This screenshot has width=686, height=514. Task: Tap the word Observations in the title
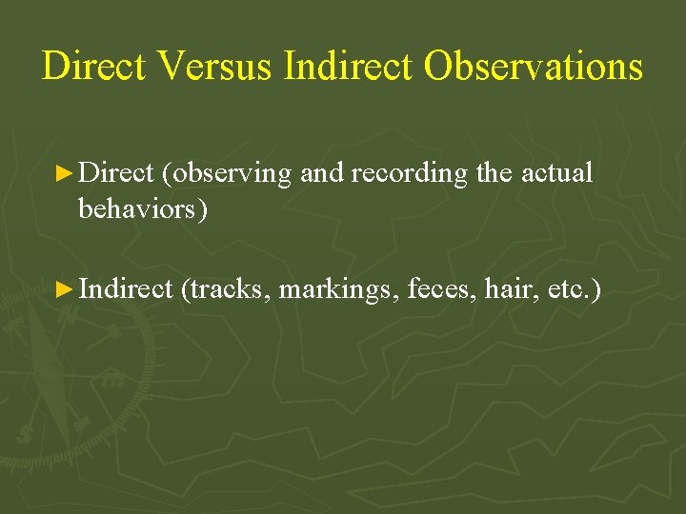click(x=534, y=67)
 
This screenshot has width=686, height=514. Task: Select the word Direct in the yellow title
click(x=93, y=67)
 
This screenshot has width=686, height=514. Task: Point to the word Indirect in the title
click(x=349, y=67)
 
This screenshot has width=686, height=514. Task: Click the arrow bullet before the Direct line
click(x=64, y=173)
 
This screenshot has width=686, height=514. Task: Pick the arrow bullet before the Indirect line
click(x=64, y=288)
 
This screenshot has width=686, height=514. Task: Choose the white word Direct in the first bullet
click(x=116, y=173)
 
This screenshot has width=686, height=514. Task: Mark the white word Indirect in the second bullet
click(x=126, y=288)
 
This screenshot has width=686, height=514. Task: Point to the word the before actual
click(x=489, y=173)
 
